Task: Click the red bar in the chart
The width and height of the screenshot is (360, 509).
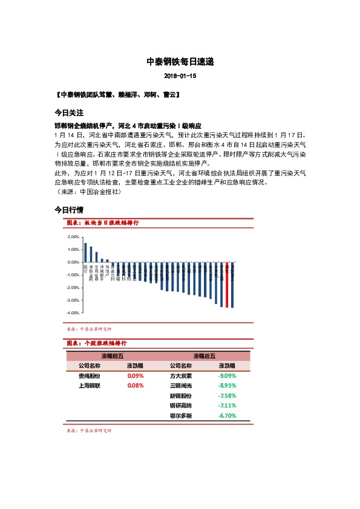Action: [x=227, y=285]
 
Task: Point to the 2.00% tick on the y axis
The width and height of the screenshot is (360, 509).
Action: [x=74, y=237]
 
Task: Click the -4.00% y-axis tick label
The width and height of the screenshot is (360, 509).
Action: [x=74, y=313]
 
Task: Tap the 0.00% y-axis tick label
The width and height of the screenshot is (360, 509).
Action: [x=74, y=262]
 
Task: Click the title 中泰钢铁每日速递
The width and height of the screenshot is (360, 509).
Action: [x=180, y=62]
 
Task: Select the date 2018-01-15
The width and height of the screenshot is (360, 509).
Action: [x=180, y=77]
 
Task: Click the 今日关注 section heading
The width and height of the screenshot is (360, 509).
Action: [x=68, y=113]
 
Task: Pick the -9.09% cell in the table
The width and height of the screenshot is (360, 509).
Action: [x=227, y=375]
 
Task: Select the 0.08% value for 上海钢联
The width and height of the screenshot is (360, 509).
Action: [x=136, y=385]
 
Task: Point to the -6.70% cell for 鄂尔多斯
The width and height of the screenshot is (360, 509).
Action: [x=227, y=416]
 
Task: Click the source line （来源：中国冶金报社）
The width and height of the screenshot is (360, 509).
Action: [x=88, y=192]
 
